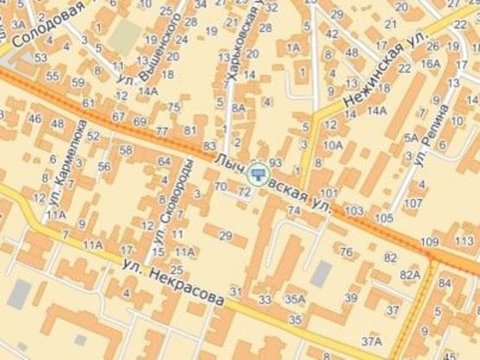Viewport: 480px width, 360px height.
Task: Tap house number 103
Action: (x=353, y=210)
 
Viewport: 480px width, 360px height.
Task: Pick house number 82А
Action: (x=409, y=274)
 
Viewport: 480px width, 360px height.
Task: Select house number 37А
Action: (x=370, y=342)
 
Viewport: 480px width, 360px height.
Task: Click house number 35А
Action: (x=296, y=299)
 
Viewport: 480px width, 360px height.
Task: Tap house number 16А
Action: (x=430, y=63)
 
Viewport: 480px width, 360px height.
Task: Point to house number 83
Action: (x=208, y=145)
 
